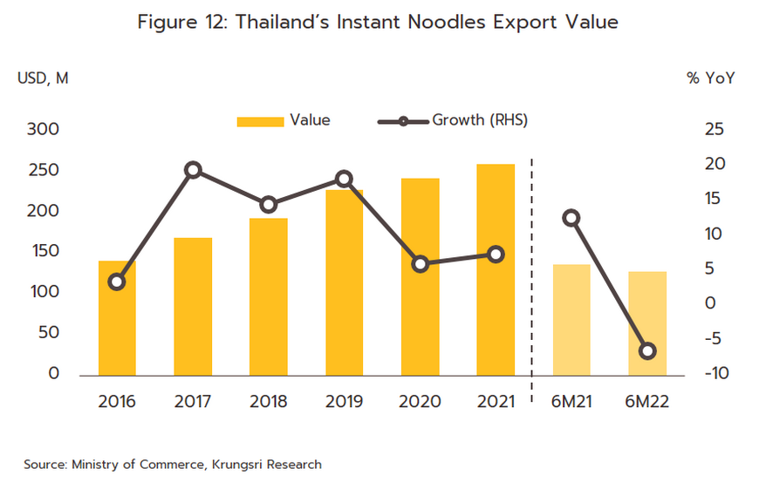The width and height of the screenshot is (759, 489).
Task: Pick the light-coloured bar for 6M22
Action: click(x=647, y=323)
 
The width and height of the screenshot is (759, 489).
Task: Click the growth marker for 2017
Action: click(x=194, y=170)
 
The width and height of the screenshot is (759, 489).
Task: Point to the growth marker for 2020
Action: click(x=421, y=264)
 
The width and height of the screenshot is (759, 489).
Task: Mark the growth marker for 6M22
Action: click(x=647, y=351)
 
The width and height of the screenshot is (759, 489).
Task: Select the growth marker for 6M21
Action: click(x=571, y=218)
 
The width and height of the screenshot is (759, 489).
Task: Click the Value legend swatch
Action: click(x=260, y=121)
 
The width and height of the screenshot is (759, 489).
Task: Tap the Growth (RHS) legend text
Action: click(x=480, y=120)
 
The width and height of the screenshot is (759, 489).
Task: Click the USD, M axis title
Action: click(x=42, y=78)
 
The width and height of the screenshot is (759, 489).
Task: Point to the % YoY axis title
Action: click(x=710, y=78)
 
